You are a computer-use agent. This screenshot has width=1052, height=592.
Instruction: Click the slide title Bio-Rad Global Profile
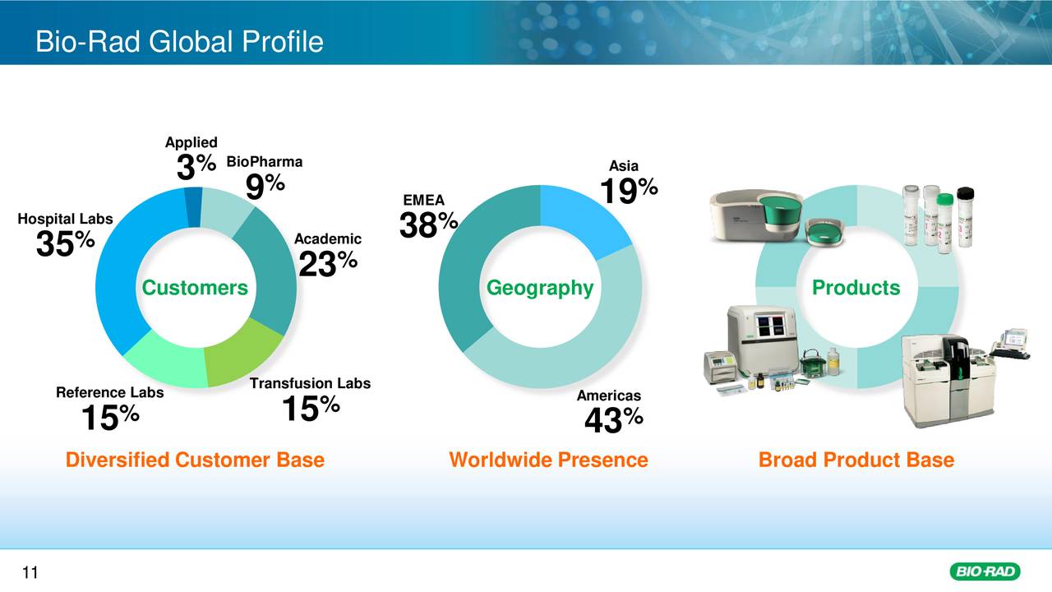click(179, 41)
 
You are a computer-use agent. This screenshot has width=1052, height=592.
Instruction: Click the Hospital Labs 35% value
click(66, 243)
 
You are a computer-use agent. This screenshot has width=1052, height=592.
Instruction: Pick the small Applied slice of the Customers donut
click(193, 206)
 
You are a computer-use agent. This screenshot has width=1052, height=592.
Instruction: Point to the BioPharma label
click(264, 162)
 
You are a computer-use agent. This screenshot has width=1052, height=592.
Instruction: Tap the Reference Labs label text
click(109, 393)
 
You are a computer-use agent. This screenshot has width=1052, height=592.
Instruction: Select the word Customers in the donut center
click(195, 288)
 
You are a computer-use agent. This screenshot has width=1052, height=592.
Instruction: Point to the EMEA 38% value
click(428, 224)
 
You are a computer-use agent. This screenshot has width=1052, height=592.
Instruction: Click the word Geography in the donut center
click(540, 288)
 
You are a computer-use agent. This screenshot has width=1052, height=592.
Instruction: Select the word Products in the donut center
click(856, 288)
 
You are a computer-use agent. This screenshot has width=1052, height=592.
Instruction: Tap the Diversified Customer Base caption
click(195, 460)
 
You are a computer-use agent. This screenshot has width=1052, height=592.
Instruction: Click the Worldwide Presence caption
click(548, 460)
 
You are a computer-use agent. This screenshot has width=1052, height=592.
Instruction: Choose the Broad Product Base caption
click(856, 460)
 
